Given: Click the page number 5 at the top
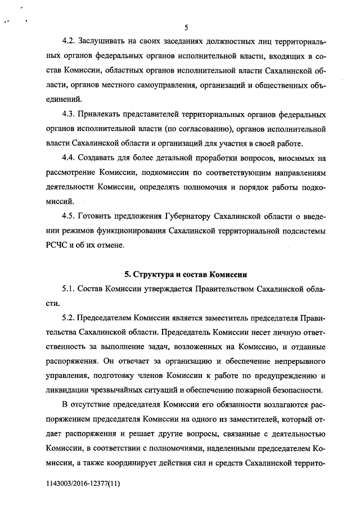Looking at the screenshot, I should (x=186, y=26).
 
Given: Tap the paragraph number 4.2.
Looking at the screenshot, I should (x=70, y=43).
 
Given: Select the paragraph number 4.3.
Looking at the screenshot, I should (x=70, y=115).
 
